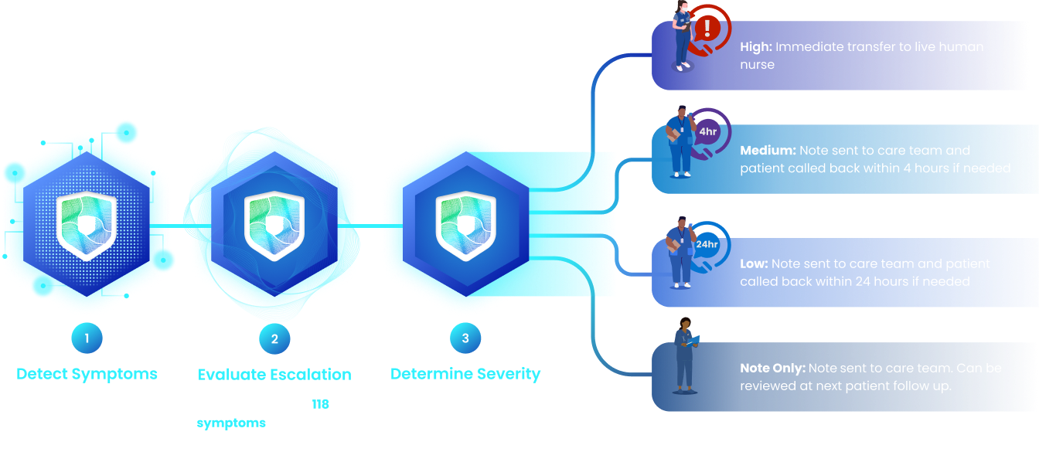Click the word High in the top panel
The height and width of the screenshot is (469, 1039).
(755, 47)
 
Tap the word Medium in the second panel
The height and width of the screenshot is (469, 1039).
(768, 151)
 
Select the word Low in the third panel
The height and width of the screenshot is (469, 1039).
(754, 264)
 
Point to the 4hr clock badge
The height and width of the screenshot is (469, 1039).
(707, 132)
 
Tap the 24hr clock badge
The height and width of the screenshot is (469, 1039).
(707, 244)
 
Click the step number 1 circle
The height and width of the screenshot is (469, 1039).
(87, 338)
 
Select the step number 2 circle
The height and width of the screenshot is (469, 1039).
(274, 338)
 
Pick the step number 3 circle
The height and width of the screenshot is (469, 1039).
(465, 338)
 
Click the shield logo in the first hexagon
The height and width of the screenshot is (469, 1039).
(87, 224)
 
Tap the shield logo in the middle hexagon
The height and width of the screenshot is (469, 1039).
(275, 224)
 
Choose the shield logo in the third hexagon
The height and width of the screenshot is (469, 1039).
(465, 224)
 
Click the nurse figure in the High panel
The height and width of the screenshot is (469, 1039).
(682, 39)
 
